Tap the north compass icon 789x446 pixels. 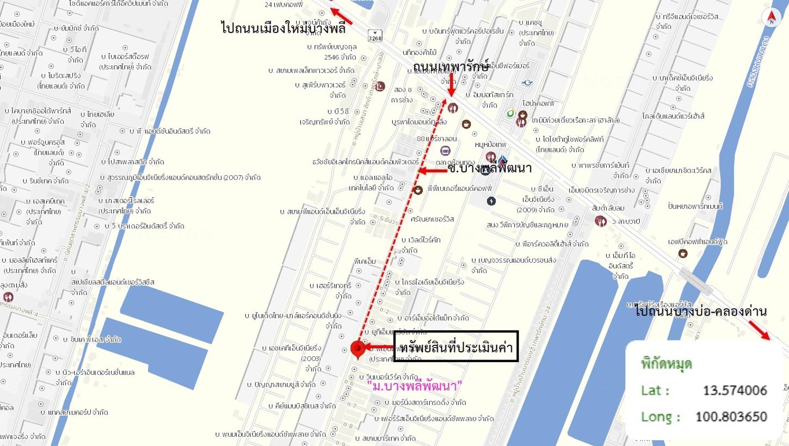[x=771, y=17]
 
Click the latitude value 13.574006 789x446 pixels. [x=735, y=391]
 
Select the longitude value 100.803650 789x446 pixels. [x=731, y=417]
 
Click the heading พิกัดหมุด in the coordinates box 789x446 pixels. [x=667, y=363]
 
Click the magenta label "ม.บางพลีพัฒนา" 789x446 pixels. [x=415, y=386]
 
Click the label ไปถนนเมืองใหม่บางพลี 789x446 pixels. [x=283, y=28]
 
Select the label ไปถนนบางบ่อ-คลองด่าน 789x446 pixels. [x=700, y=312]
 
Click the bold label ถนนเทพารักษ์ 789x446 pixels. [x=451, y=66]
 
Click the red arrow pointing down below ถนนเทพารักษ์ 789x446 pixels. [x=451, y=86]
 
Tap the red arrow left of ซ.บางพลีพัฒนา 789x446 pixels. [x=433, y=171]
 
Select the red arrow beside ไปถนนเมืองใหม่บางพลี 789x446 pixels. [x=342, y=16]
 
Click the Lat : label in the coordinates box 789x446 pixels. [x=655, y=391]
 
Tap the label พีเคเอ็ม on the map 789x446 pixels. [x=364, y=262]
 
